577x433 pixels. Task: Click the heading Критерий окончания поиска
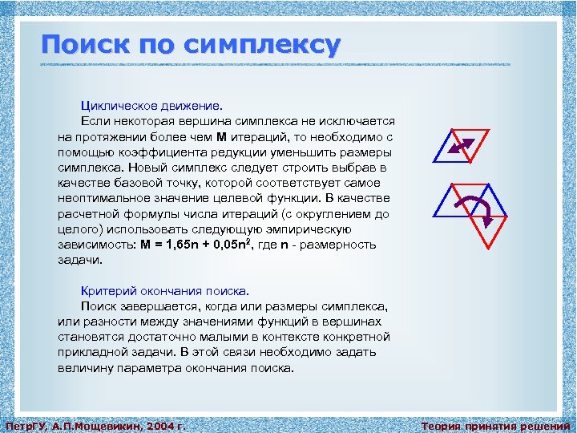point(165,291)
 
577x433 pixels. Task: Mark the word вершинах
point(364,322)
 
